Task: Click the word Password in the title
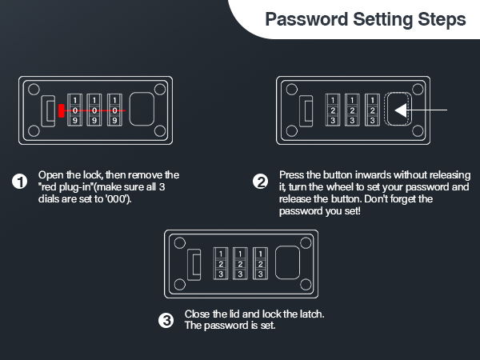(306, 20)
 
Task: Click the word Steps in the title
(442, 20)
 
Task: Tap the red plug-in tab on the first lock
(62, 110)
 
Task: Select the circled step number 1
(19, 182)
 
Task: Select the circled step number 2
(261, 182)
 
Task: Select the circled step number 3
(166, 321)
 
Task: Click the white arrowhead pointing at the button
(401, 110)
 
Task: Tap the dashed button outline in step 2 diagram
(398, 93)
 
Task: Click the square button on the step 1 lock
(142, 109)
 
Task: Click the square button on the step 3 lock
(287, 262)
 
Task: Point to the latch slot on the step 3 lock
(194, 265)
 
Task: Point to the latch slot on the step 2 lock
(306, 111)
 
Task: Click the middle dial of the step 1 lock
(94, 110)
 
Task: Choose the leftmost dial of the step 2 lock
(333, 110)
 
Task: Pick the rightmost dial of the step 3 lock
(260, 263)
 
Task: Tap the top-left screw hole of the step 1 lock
(34, 90)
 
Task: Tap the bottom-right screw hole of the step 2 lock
(418, 131)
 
